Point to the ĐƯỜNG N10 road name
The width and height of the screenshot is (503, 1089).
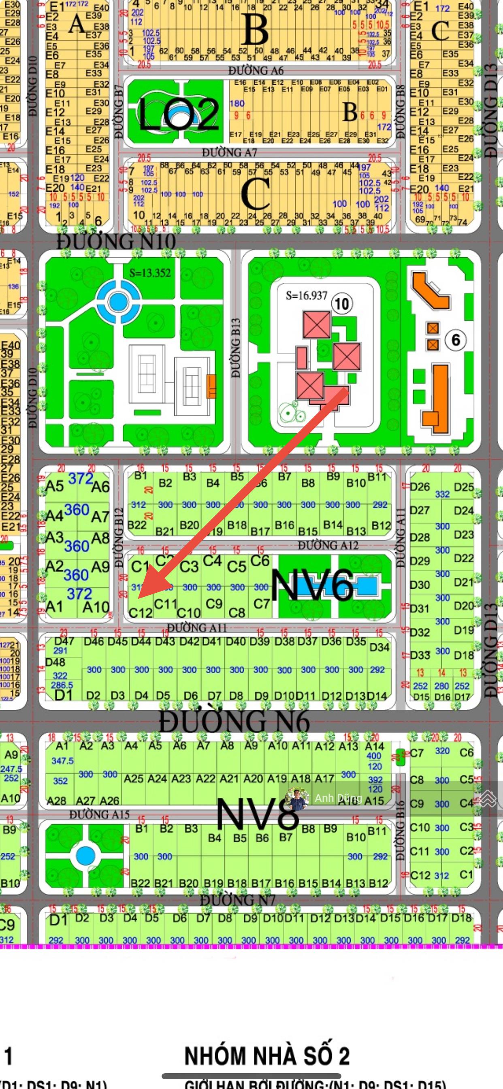click(x=116, y=242)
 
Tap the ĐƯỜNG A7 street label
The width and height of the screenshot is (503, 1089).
click(x=229, y=152)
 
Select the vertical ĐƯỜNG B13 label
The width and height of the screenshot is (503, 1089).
click(x=236, y=348)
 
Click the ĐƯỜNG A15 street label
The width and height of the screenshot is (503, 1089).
click(x=99, y=814)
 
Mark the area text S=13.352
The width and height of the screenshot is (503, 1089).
click(x=150, y=273)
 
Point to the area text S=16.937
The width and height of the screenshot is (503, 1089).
click(x=307, y=295)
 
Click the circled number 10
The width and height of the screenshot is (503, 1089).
click(x=341, y=303)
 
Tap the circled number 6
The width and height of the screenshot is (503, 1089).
click(x=455, y=340)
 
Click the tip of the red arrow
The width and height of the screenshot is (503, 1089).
click(x=139, y=598)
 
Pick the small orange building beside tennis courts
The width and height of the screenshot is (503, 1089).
click(x=211, y=386)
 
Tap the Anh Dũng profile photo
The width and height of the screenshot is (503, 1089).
click(x=297, y=798)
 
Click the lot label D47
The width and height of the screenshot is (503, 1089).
click(x=64, y=641)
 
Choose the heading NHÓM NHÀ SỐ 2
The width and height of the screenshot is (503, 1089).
click(x=267, y=1056)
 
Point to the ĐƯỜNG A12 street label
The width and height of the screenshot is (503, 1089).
click(x=328, y=545)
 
